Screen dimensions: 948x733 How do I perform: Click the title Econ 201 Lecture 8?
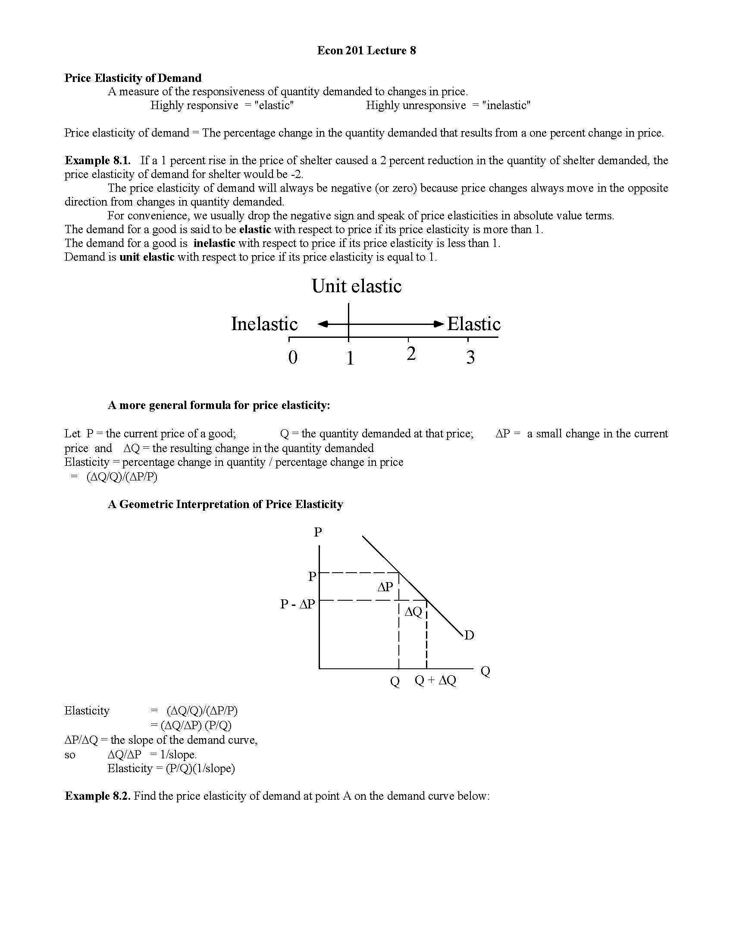(366, 50)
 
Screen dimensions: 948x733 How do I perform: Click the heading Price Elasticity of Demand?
(133, 78)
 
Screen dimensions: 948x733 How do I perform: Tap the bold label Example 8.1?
(97, 160)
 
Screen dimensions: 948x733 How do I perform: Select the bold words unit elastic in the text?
(147, 257)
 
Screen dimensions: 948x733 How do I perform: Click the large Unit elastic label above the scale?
(357, 286)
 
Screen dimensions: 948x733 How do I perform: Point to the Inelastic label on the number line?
(264, 324)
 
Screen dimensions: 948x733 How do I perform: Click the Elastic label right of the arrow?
(474, 324)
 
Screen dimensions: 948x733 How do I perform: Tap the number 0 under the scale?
(293, 357)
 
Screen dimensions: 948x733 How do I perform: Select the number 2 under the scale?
(411, 354)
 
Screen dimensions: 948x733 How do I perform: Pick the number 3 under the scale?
(470, 357)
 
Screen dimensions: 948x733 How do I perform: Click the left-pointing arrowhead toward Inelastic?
(323, 324)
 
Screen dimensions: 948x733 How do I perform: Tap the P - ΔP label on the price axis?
(298, 604)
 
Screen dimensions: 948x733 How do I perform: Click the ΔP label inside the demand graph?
(385, 587)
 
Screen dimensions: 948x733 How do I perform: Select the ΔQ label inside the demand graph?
(413, 612)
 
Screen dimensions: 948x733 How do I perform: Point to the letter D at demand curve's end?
(469, 636)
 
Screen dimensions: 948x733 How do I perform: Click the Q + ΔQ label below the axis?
(435, 680)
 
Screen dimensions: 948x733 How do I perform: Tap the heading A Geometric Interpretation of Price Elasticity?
(226, 505)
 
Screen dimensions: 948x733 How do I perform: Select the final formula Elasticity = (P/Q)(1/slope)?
(171, 769)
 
